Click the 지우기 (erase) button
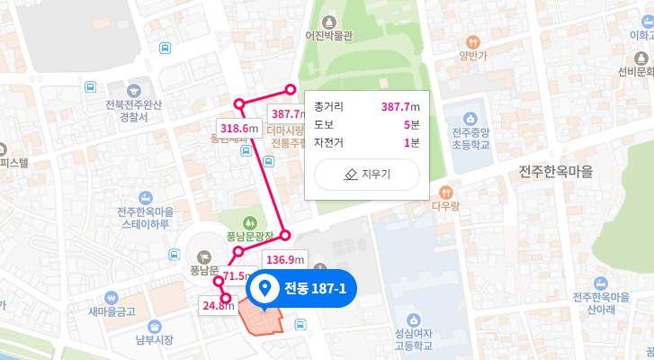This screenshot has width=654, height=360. (366, 175)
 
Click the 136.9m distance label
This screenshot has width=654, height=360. (284, 260)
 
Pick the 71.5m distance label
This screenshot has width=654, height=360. (237, 276)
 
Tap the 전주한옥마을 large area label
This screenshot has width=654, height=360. (557, 171)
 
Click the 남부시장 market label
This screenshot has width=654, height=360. (153, 339)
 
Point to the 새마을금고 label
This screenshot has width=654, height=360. (112, 311)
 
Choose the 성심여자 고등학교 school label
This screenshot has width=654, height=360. (413, 338)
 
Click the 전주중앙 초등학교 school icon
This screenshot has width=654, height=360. (470, 119)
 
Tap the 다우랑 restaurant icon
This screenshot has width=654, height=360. (445, 192)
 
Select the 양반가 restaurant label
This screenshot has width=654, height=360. (472, 55)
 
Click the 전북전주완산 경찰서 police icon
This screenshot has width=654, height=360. (134, 91)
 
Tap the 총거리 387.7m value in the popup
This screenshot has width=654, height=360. (399, 107)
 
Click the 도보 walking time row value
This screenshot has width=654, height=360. (412, 124)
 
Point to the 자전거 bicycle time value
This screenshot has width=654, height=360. (412, 142)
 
